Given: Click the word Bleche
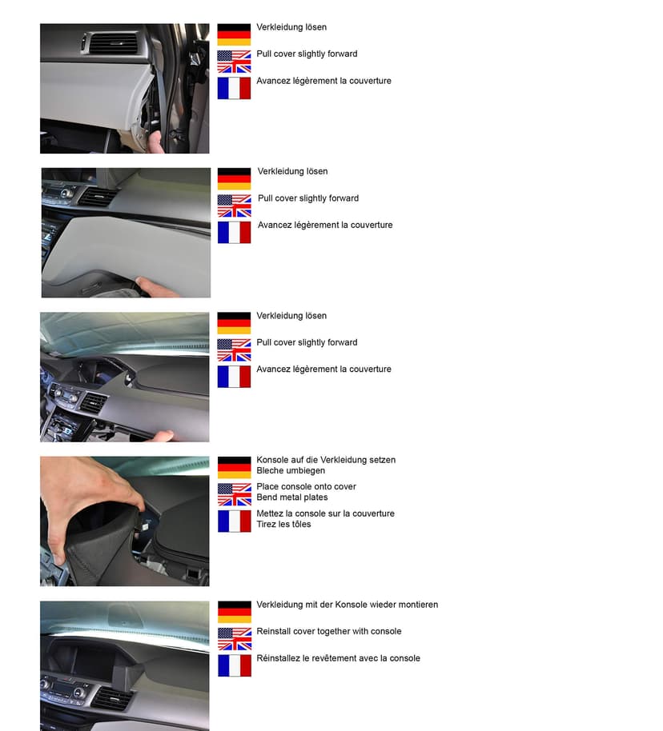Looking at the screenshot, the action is pos(269,470).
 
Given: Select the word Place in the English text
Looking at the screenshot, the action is pos(267,486).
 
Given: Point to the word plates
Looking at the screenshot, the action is pos(315,497).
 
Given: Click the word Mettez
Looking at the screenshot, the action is pos(269,513).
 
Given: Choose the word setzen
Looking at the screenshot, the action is pos(383,460).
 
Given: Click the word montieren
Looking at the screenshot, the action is pos(416,604).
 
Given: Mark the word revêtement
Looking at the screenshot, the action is pos(331,657).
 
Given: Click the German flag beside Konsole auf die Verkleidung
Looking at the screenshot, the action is pos(235,468).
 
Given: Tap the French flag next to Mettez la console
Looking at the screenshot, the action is pos(235,521).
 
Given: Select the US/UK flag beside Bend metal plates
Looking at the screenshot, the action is pos(235,494).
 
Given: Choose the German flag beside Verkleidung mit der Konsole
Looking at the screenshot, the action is pos(235,612).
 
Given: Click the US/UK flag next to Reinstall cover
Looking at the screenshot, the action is pos(235,639).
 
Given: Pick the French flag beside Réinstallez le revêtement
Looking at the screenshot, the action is pos(235,665).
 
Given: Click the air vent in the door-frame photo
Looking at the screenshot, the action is pos(111,43).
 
